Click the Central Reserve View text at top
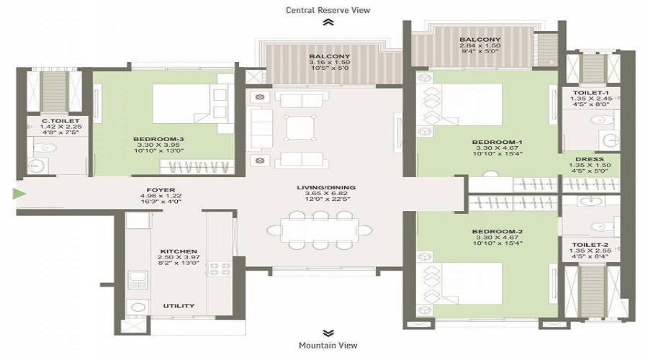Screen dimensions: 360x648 (x=328, y=9)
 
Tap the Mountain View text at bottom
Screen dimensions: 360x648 (x=328, y=346)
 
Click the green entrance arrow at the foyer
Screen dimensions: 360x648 (x=18, y=193)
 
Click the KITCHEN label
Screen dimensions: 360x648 (x=179, y=251)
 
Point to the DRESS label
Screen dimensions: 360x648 (x=589, y=159)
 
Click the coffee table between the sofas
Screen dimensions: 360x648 (x=300, y=127)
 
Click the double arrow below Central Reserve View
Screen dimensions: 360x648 (x=328, y=23)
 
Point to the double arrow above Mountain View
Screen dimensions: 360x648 (x=328, y=333)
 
